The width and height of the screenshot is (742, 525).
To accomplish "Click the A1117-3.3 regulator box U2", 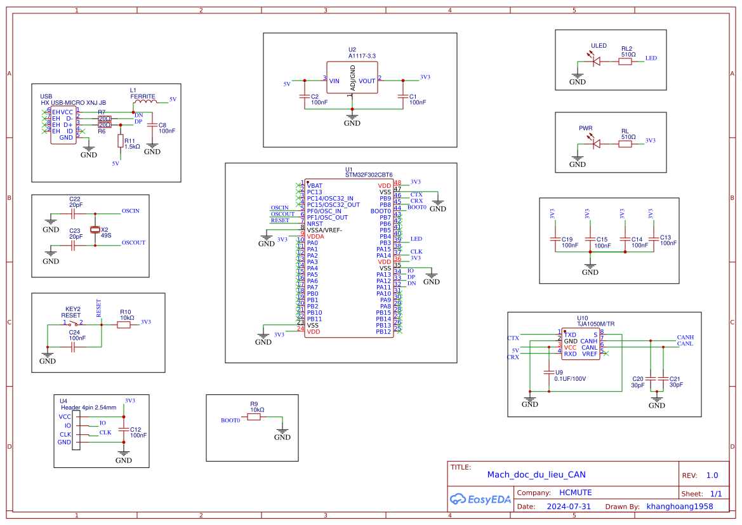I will pos(353,77).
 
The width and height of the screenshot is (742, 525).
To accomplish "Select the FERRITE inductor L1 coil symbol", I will pos(144,100).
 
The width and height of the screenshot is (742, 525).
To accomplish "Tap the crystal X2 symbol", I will pos(95,230).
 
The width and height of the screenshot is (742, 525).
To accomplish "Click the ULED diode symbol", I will pos(596,62).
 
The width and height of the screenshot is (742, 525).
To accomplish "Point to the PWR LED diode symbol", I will pos(596,144).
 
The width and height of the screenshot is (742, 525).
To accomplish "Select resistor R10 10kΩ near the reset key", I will pos(124,324).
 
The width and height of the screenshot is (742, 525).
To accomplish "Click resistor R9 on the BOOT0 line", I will pos(255,416).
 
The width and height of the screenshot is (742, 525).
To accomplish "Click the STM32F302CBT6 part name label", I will pos(369,175).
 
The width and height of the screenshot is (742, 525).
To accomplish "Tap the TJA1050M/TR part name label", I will pos(595,324).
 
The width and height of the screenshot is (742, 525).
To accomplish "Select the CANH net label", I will pos(685,337).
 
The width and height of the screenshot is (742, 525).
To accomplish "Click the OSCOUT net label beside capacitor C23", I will pos(133,243).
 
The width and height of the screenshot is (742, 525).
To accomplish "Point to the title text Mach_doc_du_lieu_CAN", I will pos(536,474).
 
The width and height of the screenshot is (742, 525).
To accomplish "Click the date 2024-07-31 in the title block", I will pos(569,507).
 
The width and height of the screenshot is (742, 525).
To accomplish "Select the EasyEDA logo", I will pos(480,499).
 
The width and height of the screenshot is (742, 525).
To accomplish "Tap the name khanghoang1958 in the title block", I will pos(679,507).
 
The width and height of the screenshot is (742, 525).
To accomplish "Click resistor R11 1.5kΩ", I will pos(121,141).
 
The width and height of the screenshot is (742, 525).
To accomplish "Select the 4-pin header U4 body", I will pos(76,430).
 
